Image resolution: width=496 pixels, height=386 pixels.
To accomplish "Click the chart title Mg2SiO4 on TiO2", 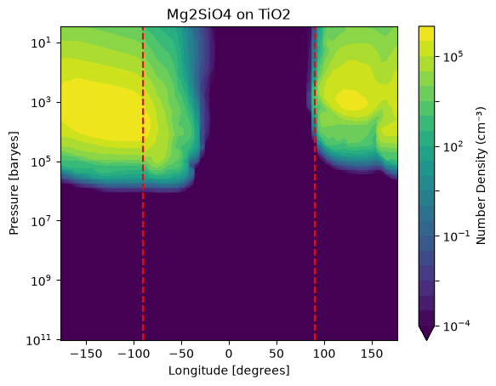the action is point(228,14).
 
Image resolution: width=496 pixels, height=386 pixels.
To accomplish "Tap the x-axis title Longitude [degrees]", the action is point(229,371).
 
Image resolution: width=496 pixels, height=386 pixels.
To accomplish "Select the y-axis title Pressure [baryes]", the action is point(14,183).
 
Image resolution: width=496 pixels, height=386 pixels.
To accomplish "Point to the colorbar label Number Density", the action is point(481,176).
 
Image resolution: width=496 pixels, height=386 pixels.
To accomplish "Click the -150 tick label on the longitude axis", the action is point(86,354).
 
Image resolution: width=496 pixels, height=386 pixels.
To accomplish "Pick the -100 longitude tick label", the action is point(134,354).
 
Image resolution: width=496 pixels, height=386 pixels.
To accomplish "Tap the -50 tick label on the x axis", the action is point(181,354).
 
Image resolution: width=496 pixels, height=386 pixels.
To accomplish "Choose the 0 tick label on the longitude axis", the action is point(229,354).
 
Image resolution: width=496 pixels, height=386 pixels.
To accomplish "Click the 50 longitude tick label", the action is point(277,354).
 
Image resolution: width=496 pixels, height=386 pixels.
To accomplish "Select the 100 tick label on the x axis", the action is point(324,354).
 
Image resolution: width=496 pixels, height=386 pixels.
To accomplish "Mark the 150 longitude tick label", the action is point(372,354).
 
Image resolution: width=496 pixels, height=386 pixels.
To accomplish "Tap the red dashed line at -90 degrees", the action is point(143,184).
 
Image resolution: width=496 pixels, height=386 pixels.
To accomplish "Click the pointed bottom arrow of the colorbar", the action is point(426,333).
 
